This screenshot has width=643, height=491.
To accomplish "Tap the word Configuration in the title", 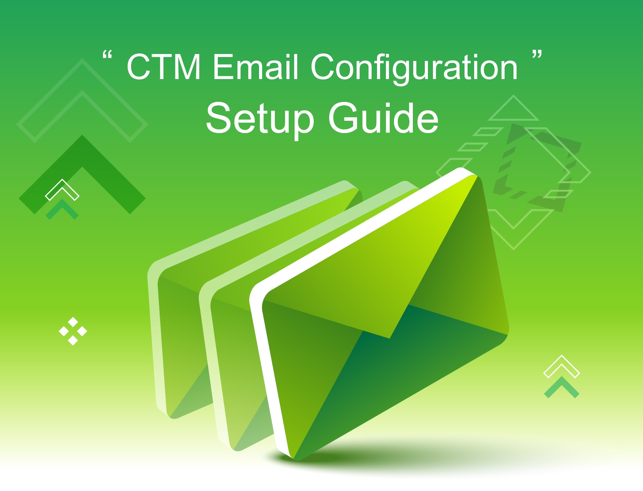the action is [x=414, y=69].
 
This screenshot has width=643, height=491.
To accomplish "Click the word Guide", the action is [x=384, y=117].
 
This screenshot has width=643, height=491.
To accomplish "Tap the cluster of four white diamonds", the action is [x=73, y=331].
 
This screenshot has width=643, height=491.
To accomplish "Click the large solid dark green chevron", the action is [x=82, y=150].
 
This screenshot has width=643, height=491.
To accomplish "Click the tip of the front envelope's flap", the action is [x=390, y=338].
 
